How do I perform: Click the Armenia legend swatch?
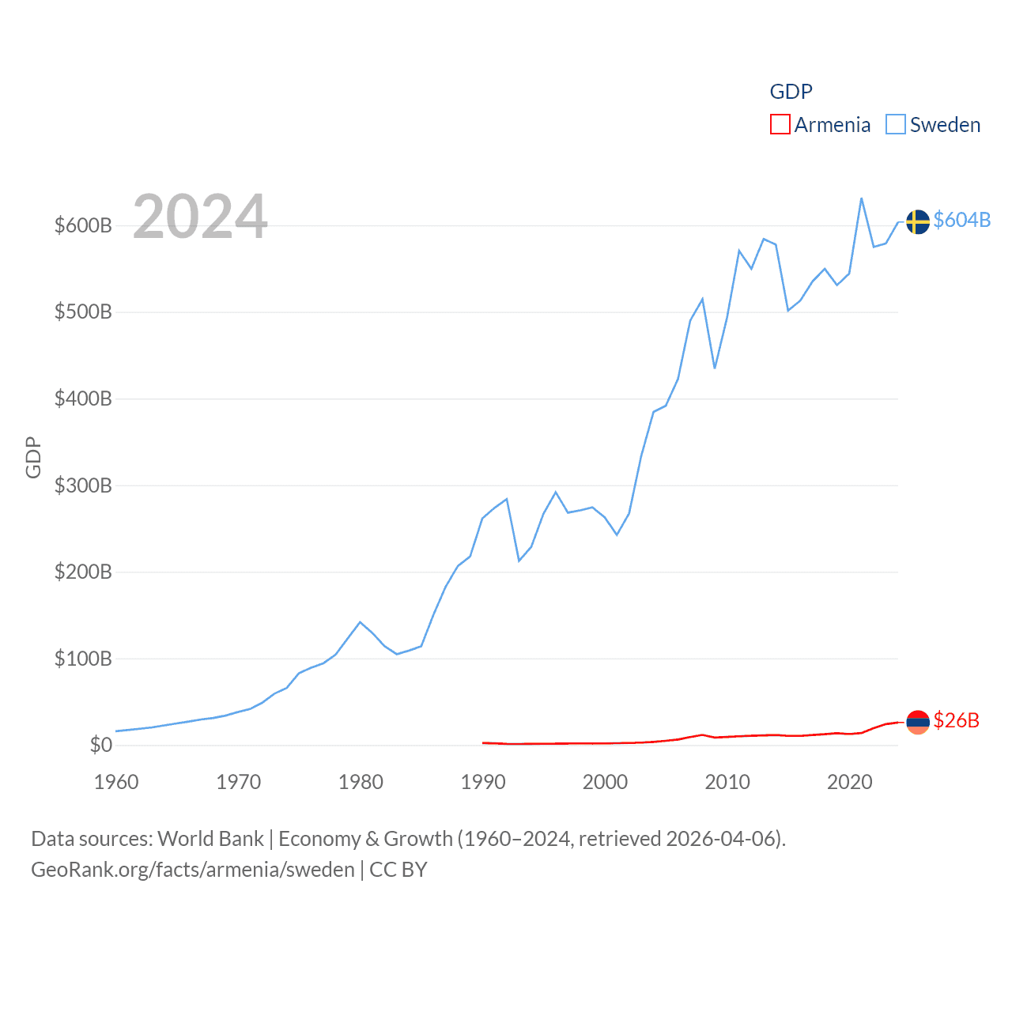[x=780, y=125]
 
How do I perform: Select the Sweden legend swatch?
[x=895, y=125]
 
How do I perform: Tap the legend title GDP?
[x=791, y=92]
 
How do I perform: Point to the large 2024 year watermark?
[x=200, y=217]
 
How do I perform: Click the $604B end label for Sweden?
[x=961, y=220]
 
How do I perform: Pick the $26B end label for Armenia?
[x=956, y=720]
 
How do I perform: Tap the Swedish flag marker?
[x=917, y=222]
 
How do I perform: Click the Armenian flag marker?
[x=917, y=722]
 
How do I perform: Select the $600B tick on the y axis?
[x=83, y=226]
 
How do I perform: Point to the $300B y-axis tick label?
[x=83, y=485]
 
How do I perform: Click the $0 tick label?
[x=100, y=746]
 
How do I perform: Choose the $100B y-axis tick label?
[x=83, y=659]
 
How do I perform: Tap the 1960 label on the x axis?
[x=116, y=782]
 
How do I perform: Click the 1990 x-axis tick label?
[x=482, y=782]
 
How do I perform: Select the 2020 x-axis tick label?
[x=849, y=782]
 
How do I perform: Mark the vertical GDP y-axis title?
[x=33, y=457]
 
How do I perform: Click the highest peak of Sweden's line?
[x=861, y=198]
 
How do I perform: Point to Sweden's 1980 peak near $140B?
[x=361, y=622]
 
